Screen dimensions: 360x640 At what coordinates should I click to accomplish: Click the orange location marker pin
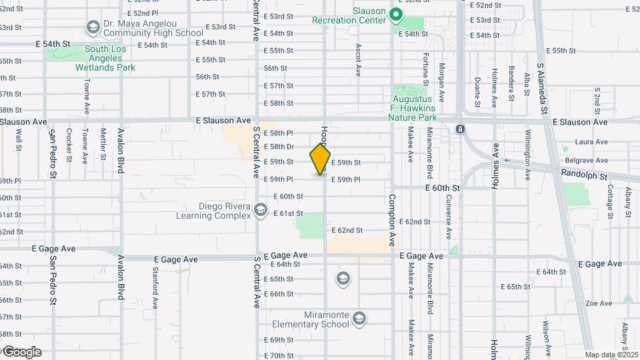pyautogui.click(x=321, y=159)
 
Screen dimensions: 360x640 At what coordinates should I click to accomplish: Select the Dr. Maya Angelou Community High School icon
pyautogui.click(x=93, y=28)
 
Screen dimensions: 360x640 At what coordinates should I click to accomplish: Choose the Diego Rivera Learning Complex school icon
pyautogui.click(x=260, y=211)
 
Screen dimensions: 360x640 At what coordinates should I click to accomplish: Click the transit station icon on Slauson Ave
pyautogui.click(x=460, y=129)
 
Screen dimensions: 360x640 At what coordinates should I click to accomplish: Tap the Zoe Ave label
pyautogui.click(x=598, y=303)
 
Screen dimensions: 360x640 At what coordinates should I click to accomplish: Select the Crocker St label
pyautogui.click(x=69, y=145)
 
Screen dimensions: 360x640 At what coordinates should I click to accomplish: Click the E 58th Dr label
pyautogui.click(x=279, y=147)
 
